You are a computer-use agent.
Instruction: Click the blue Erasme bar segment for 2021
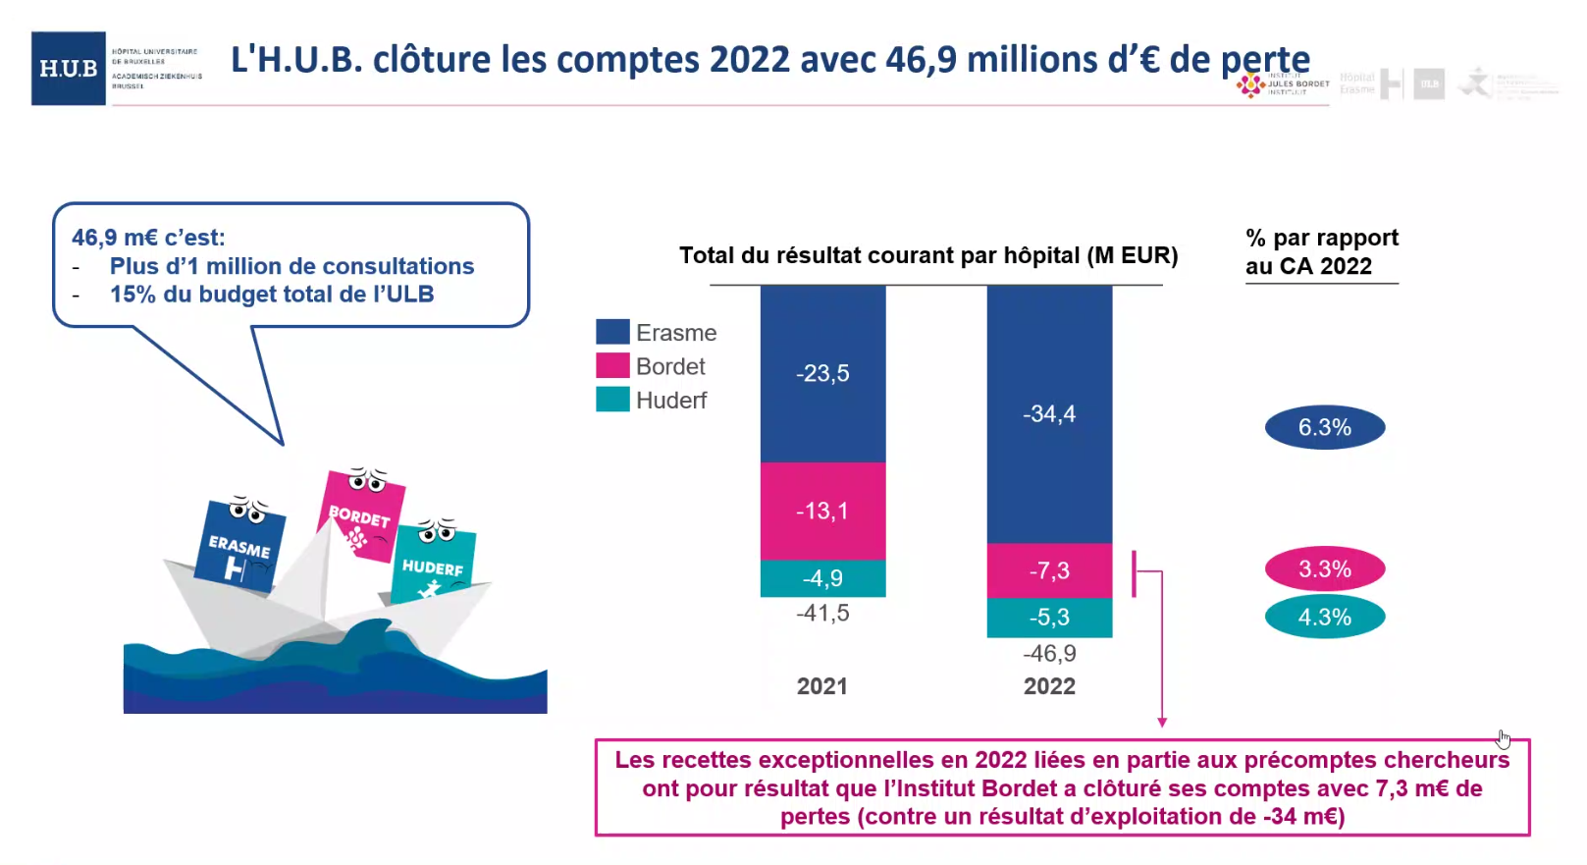(822, 373)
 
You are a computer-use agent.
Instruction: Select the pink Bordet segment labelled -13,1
(822, 511)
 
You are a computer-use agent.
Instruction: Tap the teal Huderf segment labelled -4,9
(822, 578)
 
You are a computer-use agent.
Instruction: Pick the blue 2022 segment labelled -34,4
(1049, 413)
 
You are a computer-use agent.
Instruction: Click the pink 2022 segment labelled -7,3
(1049, 570)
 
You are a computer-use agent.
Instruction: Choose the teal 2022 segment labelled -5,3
(1049, 618)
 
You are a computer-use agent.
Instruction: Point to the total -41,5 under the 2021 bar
(822, 614)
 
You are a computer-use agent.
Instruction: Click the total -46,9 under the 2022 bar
(1049, 654)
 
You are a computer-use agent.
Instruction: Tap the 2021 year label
(822, 686)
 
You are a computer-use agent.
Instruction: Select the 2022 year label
(1049, 686)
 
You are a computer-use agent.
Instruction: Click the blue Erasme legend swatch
(612, 332)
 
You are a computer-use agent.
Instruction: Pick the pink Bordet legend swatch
(612, 365)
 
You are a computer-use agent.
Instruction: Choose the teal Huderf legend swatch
(612, 400)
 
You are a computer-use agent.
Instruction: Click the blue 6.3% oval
(1325, 427)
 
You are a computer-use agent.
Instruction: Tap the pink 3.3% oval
(1325, 569)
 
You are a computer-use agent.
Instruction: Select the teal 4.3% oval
(1325, 618)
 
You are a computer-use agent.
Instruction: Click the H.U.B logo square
(69, 69)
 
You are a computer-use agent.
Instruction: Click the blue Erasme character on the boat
(239, 545)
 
